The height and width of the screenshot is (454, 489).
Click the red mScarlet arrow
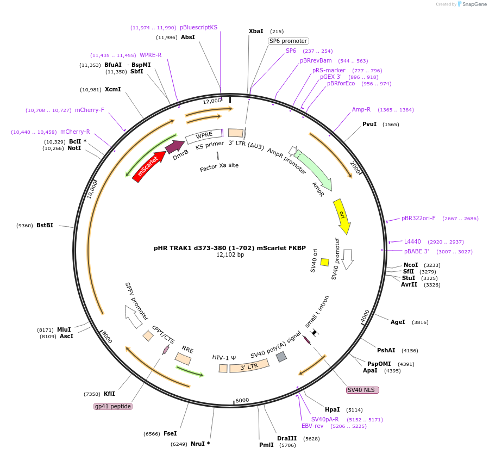pos(149,166)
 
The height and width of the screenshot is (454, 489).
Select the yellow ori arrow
pos(342,216)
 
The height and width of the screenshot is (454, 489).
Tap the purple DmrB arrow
pos(174,147)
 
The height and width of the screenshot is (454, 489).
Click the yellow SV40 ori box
pos(325,262)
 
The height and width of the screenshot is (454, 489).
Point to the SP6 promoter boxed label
pos(288,41)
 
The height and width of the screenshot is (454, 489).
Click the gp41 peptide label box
pos(113,406)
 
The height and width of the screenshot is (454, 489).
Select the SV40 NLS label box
pos(362,390)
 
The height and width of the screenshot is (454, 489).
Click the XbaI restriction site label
pos(256,31)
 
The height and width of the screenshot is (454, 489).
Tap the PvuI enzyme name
pos(369,124)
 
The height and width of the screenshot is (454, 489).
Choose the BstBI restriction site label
pos(45,225)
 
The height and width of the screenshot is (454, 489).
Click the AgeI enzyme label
pos(398,322)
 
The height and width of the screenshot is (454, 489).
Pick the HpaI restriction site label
pos(333,410)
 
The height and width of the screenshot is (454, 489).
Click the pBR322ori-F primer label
pos(418,218)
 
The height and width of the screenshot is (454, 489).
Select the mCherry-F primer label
pos(90,110)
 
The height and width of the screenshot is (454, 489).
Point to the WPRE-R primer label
pos(151,55)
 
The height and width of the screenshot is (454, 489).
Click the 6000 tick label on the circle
pos(242,400)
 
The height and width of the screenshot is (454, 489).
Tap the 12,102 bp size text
pos(230,254)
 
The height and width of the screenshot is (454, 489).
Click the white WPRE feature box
pos(204,136)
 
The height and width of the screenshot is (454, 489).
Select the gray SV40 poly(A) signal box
pos(281,357)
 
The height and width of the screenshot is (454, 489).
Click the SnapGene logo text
pos(474,4)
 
